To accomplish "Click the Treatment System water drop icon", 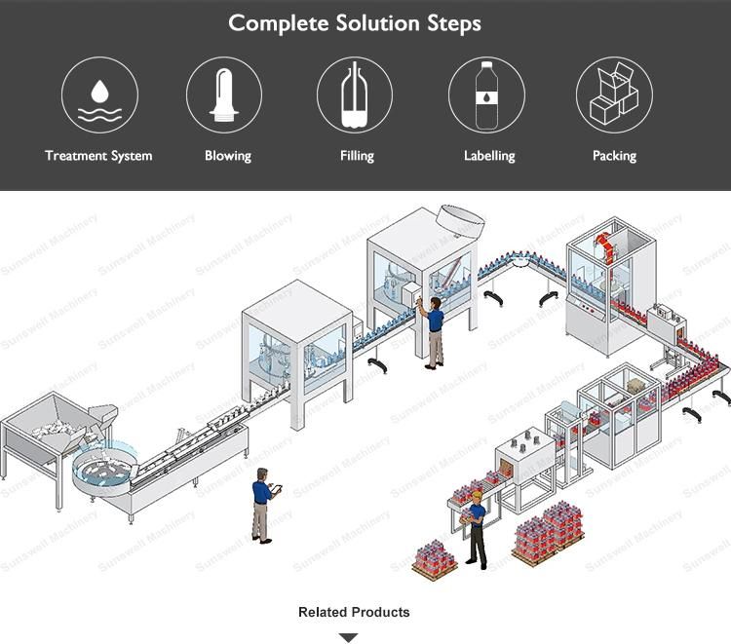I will pos(99,95).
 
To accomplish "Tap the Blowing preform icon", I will pos(224,95).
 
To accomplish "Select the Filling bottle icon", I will pos(355,95).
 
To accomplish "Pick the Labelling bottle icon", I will pos(486,95).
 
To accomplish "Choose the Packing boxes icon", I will pos(614,95).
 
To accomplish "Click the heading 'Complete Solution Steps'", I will pos(355,22).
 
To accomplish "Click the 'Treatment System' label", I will pos(98,155).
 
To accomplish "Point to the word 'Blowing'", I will pos(228,156).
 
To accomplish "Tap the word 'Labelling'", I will pos(489,156).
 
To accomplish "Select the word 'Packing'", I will pos(614,156).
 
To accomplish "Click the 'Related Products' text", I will pos(354,612).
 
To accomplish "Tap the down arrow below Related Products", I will pos(348,637).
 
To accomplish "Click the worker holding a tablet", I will pos(262,504).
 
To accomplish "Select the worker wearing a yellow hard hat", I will pos(476,528).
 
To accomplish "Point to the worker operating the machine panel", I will pos(433,331).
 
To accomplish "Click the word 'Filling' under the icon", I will pos(357,156).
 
